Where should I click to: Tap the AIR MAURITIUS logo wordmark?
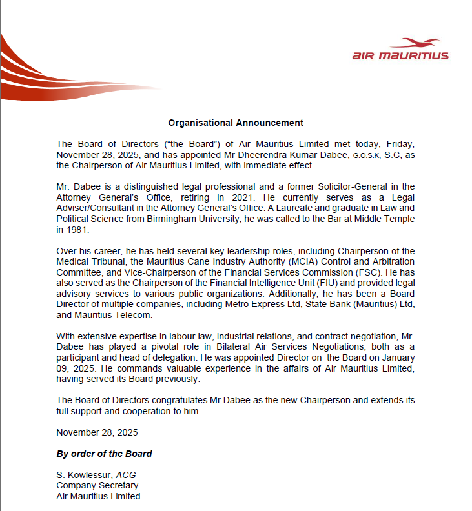point(400,56)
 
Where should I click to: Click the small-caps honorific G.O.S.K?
point(369,155)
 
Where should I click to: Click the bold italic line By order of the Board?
point(104,454)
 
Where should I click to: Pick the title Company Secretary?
point(97,485)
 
